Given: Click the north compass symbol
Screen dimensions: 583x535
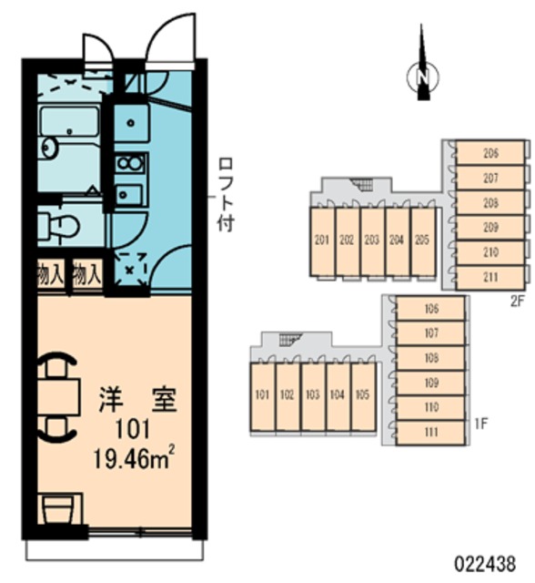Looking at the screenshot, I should (x=422, y=77).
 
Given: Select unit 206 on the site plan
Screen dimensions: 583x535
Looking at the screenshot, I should (x=490, y=153).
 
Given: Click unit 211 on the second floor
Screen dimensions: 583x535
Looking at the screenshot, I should (x=490, y=276).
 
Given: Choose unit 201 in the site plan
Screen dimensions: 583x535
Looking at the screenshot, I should (x=321, y=241).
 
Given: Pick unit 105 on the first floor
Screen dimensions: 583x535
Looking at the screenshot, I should (x=362, y=396).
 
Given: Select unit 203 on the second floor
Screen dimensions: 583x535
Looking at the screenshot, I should (x=371, y=241).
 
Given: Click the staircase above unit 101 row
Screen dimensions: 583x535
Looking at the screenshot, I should (x=289, y=341).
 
